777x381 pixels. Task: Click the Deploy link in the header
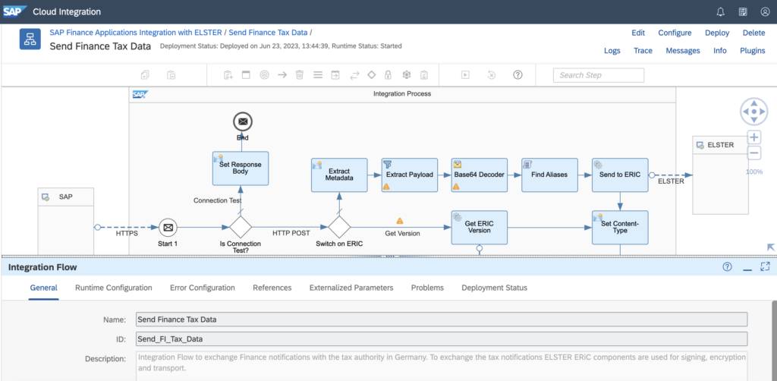[x=717, y=33]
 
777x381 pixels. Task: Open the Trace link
[x=643, y=51]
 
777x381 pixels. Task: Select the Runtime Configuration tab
[x=114, y=288]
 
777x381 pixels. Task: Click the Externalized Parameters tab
[x=351, y=288]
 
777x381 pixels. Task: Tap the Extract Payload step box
[x=409, y=175]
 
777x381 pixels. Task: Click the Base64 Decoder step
[x=480, y=175]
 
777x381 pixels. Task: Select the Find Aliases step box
[x=549, y=175]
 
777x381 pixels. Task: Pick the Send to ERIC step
[x=620, y=175]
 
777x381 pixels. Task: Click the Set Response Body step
[x=241, y=168]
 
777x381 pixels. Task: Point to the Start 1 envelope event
[x=168, y=228]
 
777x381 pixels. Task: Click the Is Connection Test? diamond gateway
[x=241, y=228]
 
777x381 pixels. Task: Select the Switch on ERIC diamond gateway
[x=339, y=228]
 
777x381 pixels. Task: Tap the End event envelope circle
[x=242, y=121]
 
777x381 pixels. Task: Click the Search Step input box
[x=599, y=75]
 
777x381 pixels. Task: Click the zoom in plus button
[x=753, y=137]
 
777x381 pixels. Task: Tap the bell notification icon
[x=721, y=12]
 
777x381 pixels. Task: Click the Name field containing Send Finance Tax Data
[x=442, y=320]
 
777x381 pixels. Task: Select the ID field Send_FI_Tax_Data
[x=442, y=339]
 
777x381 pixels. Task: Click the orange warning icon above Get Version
[x=400, y=221]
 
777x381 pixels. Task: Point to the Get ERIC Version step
[x=480, y=228]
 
